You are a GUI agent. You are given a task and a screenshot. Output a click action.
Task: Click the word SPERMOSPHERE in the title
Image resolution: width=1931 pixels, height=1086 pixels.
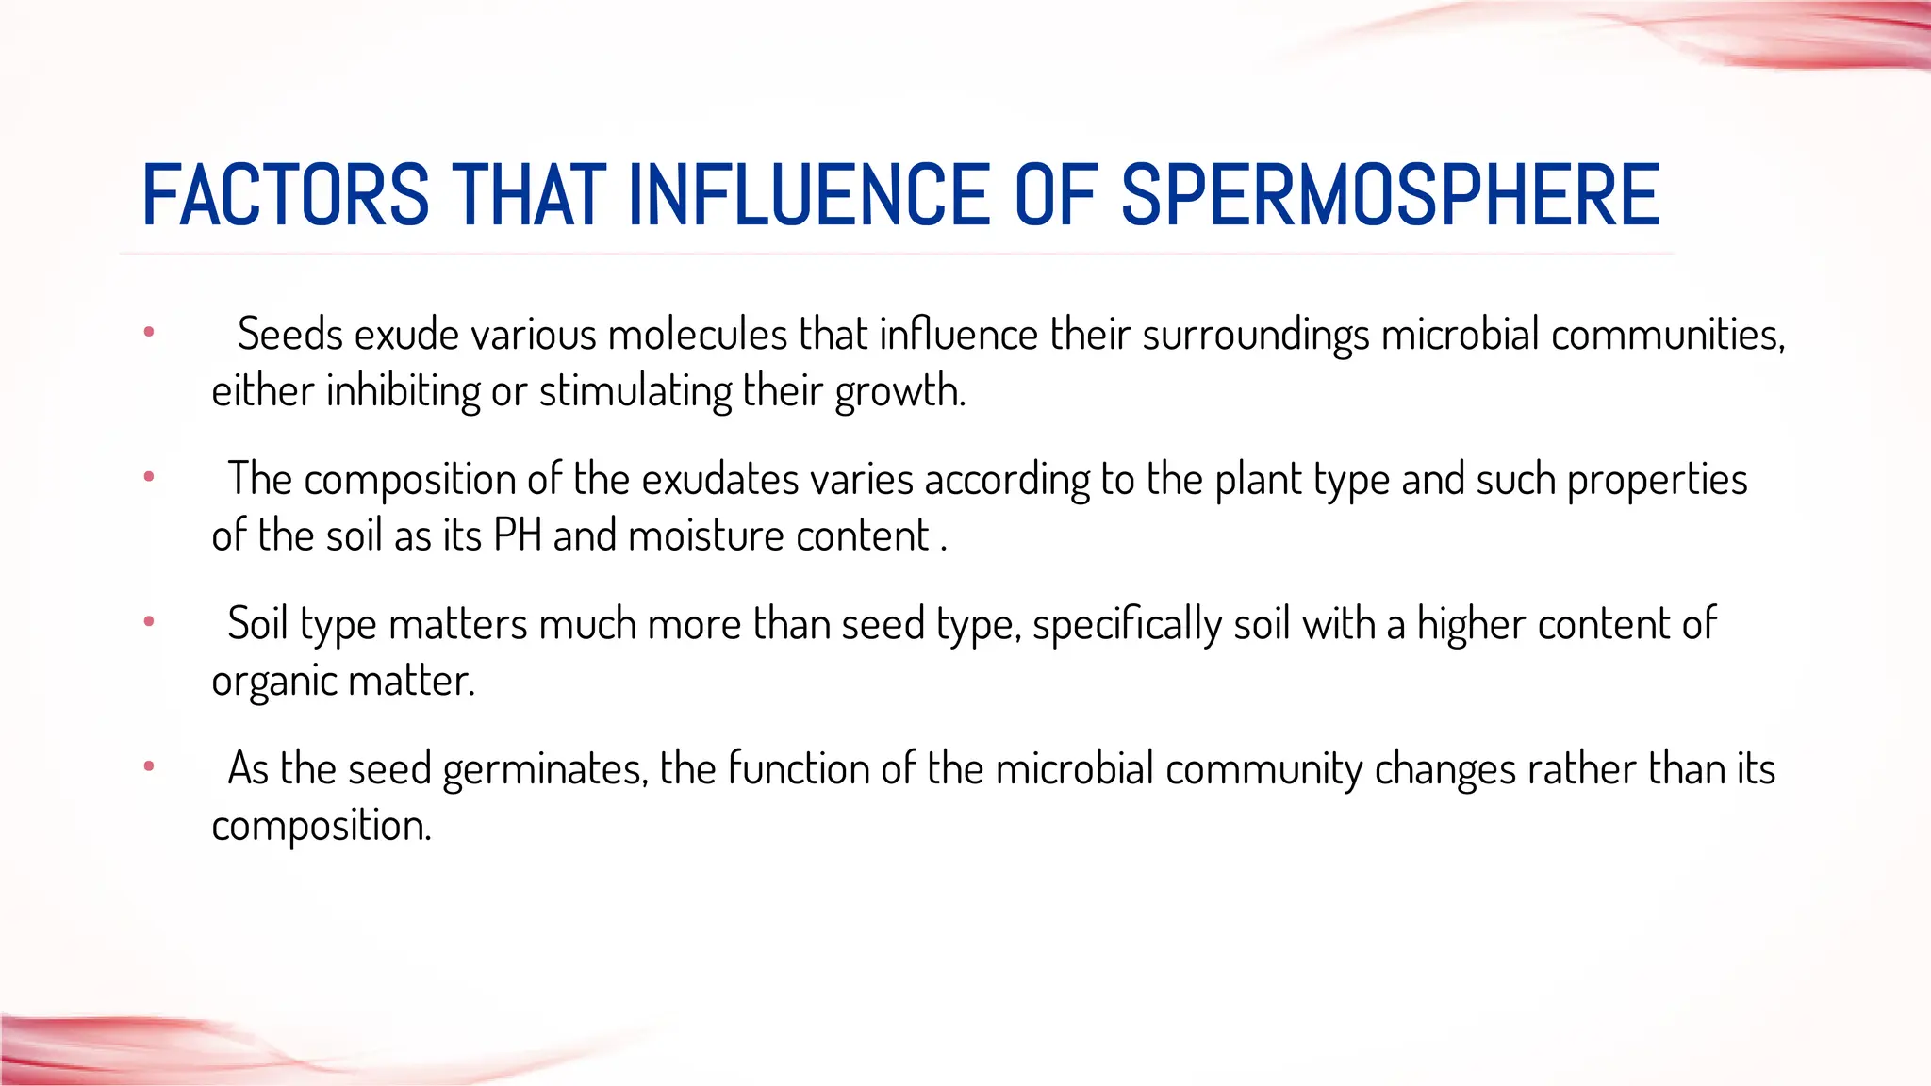tap(1390, 195)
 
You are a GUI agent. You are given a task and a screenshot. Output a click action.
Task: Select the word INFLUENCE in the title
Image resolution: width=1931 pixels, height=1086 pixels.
tap(808, 195)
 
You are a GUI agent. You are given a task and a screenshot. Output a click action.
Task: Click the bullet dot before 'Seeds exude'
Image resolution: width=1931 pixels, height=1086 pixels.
tap(149, 332)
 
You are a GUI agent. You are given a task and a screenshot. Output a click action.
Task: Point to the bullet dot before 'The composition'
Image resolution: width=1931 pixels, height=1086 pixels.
tap(149, 477)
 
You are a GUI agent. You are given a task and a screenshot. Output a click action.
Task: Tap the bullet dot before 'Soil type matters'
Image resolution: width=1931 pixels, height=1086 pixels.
tap(149, 621)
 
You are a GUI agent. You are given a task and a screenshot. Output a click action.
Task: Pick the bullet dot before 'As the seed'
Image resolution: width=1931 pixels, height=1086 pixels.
tap(149, 766)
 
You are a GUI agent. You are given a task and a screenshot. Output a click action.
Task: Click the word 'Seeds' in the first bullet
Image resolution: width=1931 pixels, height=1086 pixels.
tap(289, 334)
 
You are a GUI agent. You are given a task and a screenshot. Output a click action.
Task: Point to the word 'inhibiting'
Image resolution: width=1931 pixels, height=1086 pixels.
tap(404, 390)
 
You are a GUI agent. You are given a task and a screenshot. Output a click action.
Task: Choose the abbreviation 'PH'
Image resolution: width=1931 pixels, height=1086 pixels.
tap(518, 535)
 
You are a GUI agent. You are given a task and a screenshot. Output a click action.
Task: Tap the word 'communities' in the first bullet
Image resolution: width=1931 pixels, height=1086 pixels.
tap(1667, 334)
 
